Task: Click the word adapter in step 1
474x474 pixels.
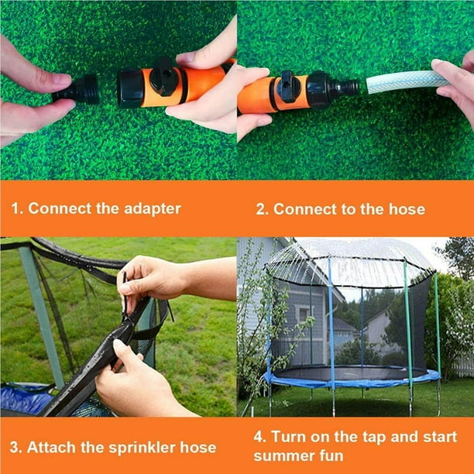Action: [147, 208]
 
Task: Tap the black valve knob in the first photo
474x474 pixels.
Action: [164, 77]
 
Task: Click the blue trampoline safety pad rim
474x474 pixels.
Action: [352, 380]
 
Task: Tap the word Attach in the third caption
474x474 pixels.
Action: [49, 447]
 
